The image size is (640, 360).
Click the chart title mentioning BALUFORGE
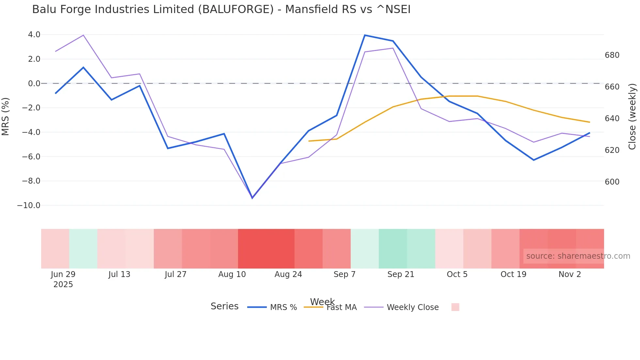click(221, 9)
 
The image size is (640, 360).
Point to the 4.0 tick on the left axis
click(34, 35)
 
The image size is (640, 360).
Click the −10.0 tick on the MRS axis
click(29, 205)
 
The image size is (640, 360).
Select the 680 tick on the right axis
click(612, 55)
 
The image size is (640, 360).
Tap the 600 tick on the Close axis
click(612, 182)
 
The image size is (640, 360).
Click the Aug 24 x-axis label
click(288, 274)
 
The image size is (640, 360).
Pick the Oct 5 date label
click(457, 274)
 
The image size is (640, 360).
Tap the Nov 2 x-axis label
click(569, 274)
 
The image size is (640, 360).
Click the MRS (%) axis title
click(6, 116)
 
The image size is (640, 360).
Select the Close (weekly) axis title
click(632, 116)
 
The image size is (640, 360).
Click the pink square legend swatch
click(455, 307)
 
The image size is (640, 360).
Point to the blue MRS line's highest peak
click(365, 35)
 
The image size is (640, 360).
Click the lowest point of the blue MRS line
click(252, 198)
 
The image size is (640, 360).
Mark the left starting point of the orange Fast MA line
click(309, 141)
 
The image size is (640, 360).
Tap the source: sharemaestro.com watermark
click(578, 256)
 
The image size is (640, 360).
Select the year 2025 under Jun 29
click(63, 285)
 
